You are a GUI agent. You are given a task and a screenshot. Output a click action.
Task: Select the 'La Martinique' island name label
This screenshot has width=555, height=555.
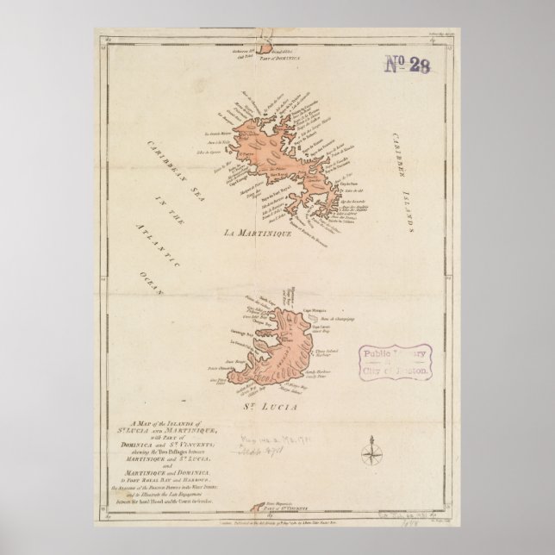(x=259, y=233)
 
